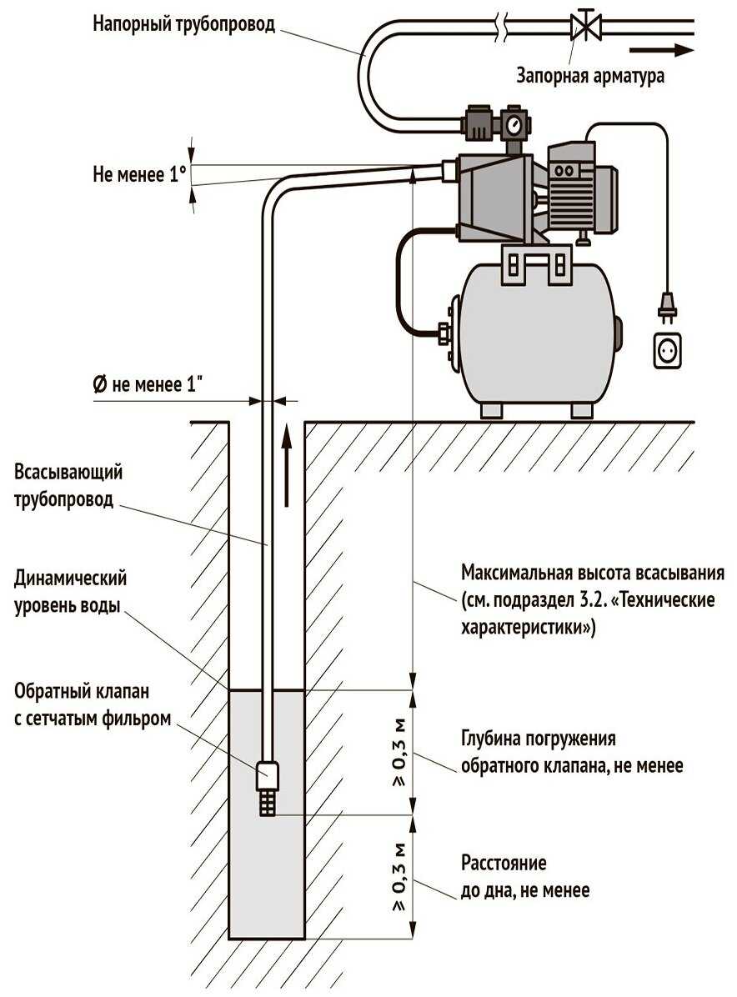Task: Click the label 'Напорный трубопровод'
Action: click(183, 23)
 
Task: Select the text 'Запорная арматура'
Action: click(590, 76)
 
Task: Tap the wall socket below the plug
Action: click(667, 350)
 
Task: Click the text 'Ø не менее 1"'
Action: click(148, 384)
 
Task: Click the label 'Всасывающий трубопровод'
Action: click(68, 487)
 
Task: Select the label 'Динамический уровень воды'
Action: click(71, 592)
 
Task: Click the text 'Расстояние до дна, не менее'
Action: click(524, 877)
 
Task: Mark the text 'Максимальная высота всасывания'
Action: click(593, 574)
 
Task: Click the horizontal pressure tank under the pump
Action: click(538, 333)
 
